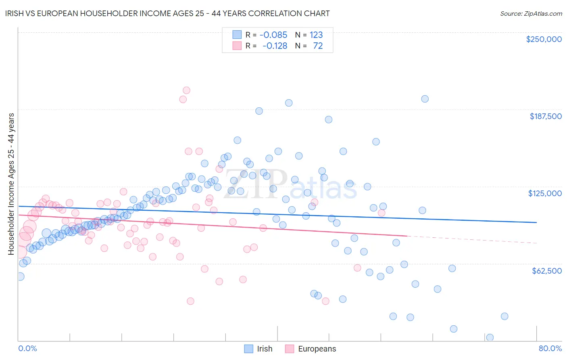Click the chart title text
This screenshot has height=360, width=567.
166,13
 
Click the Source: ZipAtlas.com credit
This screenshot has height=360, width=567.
531,13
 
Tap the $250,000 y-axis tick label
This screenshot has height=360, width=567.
544,39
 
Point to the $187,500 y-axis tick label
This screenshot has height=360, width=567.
545,116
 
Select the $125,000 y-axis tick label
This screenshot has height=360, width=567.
545,193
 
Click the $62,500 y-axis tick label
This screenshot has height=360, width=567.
546,270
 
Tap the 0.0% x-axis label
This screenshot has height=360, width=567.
27,348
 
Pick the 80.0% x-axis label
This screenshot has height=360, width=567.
550,348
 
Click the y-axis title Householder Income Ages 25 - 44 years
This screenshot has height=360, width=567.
11,184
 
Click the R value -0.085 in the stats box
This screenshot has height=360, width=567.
273,35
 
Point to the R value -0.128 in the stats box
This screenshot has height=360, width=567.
275,46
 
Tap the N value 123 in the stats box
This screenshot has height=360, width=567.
316,35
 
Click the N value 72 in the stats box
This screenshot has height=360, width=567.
318,46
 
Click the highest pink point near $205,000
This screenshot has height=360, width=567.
186,90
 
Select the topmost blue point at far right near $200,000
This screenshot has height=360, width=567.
425,99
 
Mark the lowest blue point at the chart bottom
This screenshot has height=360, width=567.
490,337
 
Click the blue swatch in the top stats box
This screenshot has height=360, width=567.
237,35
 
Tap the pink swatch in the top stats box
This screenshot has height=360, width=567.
237,46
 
